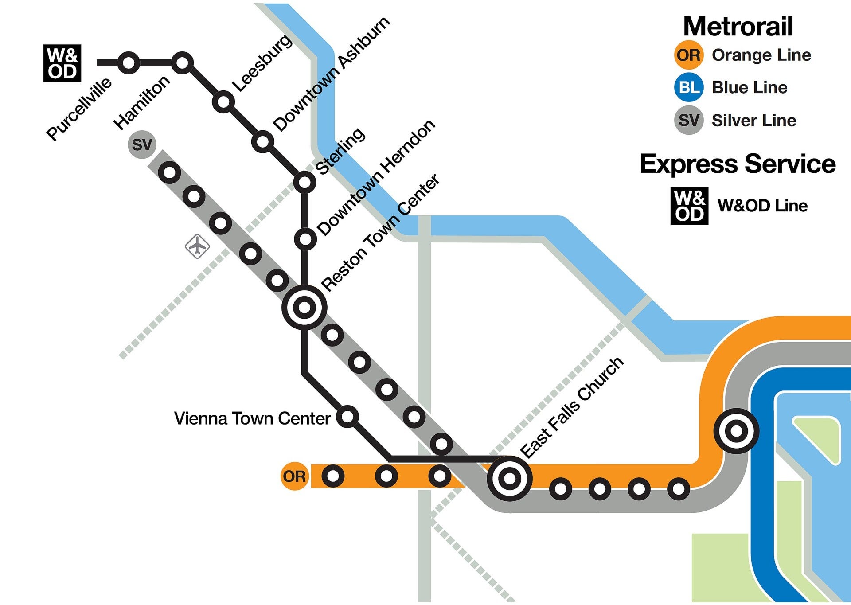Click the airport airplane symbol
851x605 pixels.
[197, 246]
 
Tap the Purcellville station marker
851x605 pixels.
[129, 63]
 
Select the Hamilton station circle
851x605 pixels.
[182, 63]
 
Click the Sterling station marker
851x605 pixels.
[305, 182]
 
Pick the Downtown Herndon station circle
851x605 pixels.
[305, 239]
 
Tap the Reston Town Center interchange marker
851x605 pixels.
[304, 307]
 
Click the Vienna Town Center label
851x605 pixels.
[252, 418]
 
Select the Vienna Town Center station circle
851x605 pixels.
[347, 417]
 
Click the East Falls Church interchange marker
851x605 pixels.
[510, 478]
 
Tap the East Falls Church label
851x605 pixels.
[572, 408]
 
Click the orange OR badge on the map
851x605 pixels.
[294, 476]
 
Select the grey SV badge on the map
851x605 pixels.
[142, 144]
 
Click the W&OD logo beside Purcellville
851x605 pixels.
[62, 63]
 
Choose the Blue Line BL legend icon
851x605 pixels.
[689, 87]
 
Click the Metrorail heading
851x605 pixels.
[738, 27]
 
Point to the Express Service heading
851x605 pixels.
[738, 164]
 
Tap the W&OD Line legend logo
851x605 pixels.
[689, 206]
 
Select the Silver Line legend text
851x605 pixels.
[753, 121]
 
